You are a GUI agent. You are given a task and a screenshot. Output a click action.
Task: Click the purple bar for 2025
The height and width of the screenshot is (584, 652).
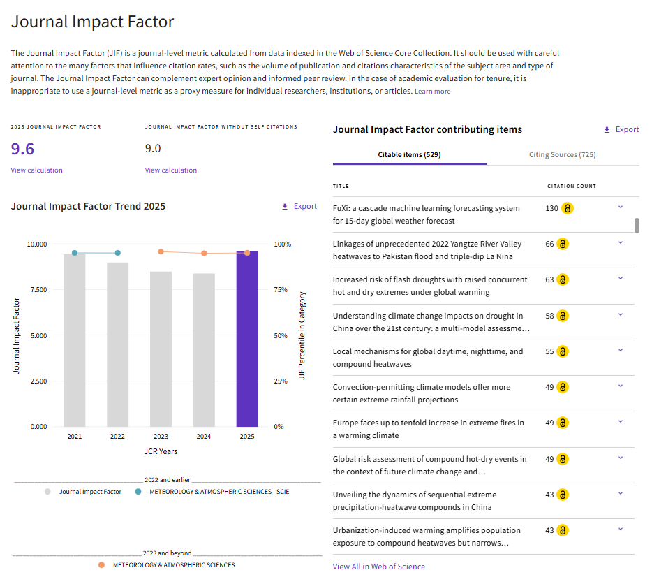pos(247,339)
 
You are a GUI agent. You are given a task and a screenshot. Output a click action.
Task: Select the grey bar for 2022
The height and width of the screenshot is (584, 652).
pos(118,344)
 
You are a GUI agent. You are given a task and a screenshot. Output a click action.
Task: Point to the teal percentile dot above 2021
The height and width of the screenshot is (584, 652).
pos(75,253)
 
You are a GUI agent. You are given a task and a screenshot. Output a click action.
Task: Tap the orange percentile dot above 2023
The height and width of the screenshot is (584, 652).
pos(161,251)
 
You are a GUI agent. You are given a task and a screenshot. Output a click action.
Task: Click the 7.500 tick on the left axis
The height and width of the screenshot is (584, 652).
pos(38,290)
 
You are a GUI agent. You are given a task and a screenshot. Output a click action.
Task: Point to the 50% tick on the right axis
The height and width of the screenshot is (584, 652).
pos(281,335)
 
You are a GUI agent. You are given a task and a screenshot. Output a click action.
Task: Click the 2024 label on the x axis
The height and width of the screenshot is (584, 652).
pos(204,436)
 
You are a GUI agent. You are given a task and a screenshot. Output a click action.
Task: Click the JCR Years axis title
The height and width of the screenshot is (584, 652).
pos(161,451)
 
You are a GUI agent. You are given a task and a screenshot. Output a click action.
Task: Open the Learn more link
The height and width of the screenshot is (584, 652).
pos(432,91)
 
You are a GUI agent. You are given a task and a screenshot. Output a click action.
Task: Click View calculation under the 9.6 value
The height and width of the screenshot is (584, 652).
pos(36,170)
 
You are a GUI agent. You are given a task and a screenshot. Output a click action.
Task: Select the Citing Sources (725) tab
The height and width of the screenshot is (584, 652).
pos(562,154)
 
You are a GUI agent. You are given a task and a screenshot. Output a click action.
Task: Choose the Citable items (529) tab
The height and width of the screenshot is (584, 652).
pos(409,154)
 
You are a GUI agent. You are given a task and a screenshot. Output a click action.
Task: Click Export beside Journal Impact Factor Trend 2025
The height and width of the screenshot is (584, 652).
pos(299,207)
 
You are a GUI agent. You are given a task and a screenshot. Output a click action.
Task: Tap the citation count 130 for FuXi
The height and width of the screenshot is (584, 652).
pos(551,208)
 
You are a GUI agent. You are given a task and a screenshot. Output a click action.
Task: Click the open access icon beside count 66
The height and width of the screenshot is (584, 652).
pos(563,244)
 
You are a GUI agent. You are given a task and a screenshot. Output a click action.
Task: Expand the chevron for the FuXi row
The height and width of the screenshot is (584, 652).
pos(621,207)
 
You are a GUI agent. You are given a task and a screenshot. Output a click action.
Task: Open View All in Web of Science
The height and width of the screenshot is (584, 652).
pos(379,567)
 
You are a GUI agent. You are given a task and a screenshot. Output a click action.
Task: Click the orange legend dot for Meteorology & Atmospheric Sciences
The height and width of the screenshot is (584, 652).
pos(101,565)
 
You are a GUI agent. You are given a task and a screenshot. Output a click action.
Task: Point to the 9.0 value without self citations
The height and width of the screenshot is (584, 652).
pos(153,149)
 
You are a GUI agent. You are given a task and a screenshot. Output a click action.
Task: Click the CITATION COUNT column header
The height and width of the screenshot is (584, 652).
pos(572,186)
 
